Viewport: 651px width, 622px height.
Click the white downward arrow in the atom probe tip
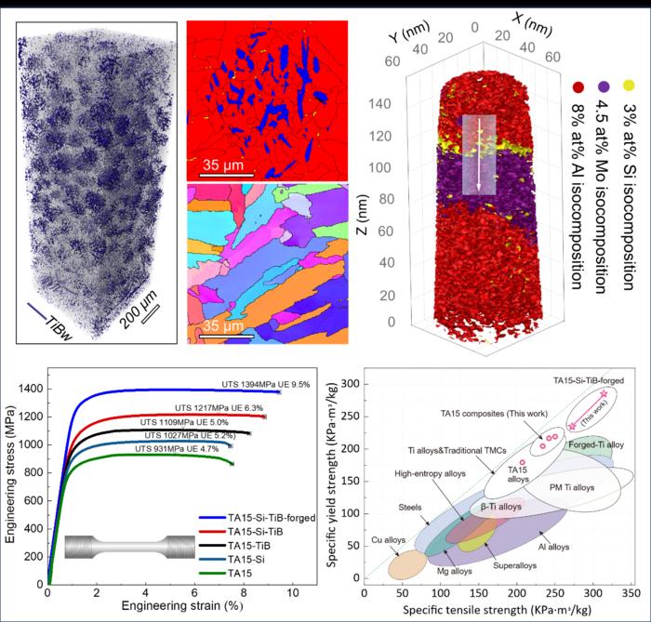[481, 153]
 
